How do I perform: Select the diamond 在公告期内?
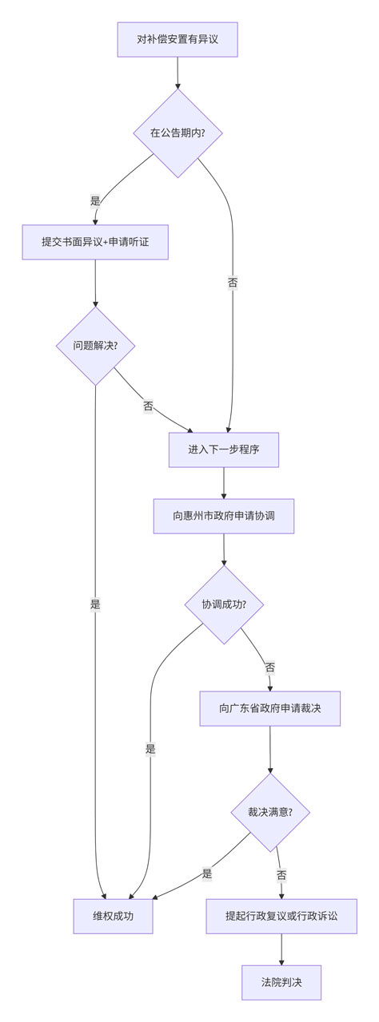178,133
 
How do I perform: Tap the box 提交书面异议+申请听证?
95,242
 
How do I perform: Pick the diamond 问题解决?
95,346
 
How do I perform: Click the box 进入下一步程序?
223,450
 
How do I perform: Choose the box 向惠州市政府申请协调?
223,516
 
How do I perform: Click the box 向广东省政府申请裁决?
269,708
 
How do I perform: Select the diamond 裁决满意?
269,812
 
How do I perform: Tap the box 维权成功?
114,916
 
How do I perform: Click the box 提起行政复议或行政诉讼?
281,916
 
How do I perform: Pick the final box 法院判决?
281,982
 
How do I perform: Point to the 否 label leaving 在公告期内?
233,283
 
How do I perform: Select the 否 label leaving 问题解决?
148,406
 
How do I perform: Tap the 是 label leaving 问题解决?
95,604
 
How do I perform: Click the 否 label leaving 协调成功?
269,667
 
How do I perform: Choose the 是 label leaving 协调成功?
150,749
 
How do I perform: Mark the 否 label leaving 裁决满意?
281,875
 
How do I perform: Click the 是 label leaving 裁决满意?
207,873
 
